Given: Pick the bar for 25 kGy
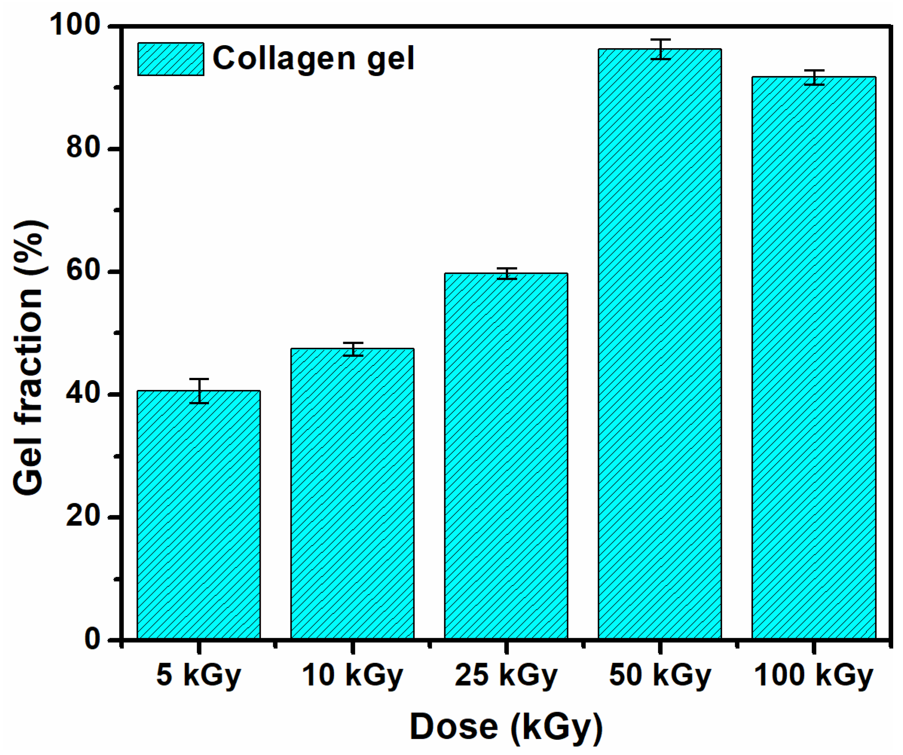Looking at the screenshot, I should [x=506, y=456].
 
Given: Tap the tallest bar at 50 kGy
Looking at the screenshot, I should [x=660, y=344].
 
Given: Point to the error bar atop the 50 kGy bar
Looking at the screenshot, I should [x=660, y=49].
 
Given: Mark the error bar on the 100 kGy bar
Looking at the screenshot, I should [x=814, y=77].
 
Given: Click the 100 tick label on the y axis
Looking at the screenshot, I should [x=76, y=24].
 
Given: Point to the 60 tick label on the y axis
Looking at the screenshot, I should [x=83, y=271].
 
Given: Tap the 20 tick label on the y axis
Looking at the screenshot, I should [x=83, y=517].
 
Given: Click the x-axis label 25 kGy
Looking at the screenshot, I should [x=506, y=675].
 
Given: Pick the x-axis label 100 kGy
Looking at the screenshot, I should [x=814, y=675].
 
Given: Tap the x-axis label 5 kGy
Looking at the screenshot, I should [x=199, y=675].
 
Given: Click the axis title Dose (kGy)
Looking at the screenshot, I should [x=506, y=727].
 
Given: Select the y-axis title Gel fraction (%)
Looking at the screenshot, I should [x=29, y=357].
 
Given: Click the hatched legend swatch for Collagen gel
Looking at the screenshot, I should [x=171, y=59].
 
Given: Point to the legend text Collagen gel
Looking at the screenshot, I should [x=313, y=59].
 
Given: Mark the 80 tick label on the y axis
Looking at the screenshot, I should [x=83, y=148].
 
